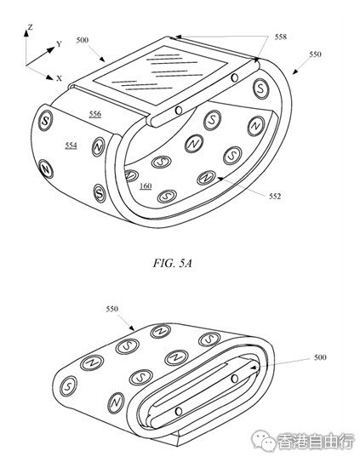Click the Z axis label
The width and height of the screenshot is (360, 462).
pos(30,27)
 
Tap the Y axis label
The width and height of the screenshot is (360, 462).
pos(60,44)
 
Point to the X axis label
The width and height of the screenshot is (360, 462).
pos(60,78)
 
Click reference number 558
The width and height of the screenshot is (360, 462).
pos(280,37)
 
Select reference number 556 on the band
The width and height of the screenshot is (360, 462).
pos(95,114)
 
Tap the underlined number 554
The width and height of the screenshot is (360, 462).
pos(71,145)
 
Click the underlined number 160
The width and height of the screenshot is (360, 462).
pos(146,186)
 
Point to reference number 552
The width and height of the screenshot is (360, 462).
pos(275,197)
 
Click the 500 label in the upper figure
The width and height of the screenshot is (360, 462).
pos(83,40)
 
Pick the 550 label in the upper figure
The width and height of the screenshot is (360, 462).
pos(315,54)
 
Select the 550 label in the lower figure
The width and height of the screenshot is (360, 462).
pos(112,309)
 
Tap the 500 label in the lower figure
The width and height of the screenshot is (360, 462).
pos(320,357)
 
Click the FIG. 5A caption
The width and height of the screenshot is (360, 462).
pos(173,263)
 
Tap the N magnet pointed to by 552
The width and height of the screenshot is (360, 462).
pos(207,178)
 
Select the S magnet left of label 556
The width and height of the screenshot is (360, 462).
pos(45,121)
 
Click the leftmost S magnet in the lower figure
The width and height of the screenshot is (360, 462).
pos(68,386)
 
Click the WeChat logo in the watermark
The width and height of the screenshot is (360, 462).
pos(263,442)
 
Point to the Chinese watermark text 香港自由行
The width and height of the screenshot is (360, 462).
pos(315,442)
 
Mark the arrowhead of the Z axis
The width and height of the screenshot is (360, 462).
pos(26,33)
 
